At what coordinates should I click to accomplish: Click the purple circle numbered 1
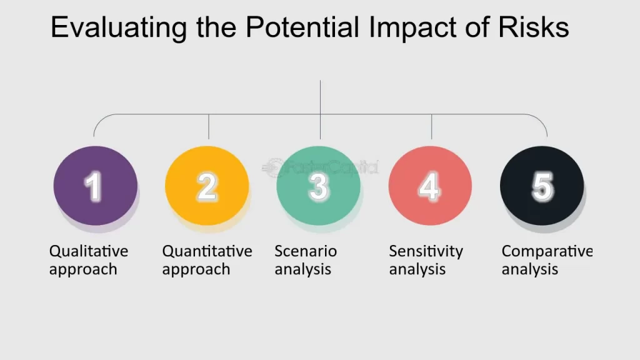[x=96, y=186]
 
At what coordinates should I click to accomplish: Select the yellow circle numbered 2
[x=207, y=186]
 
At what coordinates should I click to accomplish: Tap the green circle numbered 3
[x=318, y=186]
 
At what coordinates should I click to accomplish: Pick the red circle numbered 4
[x=430, y=186]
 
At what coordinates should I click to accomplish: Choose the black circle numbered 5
[x=542, y=186]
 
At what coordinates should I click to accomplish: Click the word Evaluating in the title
[x=119, y=27]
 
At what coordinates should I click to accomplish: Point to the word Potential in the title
[x=302, y=27]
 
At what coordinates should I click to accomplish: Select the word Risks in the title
[x=534, y=27]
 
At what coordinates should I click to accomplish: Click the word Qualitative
[x=89, y=251]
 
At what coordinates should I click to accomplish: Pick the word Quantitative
[x=207, y=251]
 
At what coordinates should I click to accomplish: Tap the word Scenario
[x=306, y=251]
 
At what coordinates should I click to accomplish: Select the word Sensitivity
[x=426, y=252]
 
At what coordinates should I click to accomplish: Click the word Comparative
[x=547, y=252]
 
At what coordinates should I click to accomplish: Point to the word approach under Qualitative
[x=83, y=270]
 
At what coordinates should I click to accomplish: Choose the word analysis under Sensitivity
[x=417, y=269]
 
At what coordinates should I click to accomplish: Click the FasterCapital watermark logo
[x=321, y=167]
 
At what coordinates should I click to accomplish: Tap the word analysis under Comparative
[x=530, y=269]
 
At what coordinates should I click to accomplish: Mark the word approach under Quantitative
[x=196, y=270]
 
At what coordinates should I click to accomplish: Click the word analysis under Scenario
[x=303, y=269]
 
